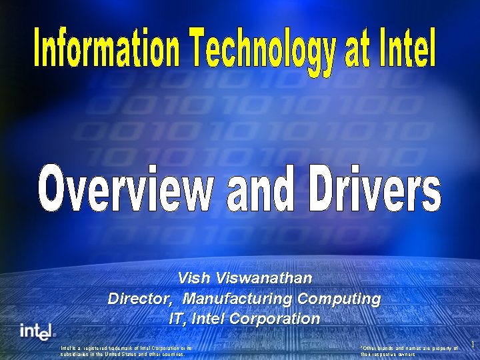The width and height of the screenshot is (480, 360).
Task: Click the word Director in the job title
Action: [141, 298]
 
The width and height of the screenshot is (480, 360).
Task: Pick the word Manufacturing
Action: [239, 298]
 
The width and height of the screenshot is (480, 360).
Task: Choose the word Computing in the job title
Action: [340, 298]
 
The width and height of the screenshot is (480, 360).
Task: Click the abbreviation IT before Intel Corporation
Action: [177, 319]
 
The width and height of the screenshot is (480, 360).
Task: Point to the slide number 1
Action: [473, 344]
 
